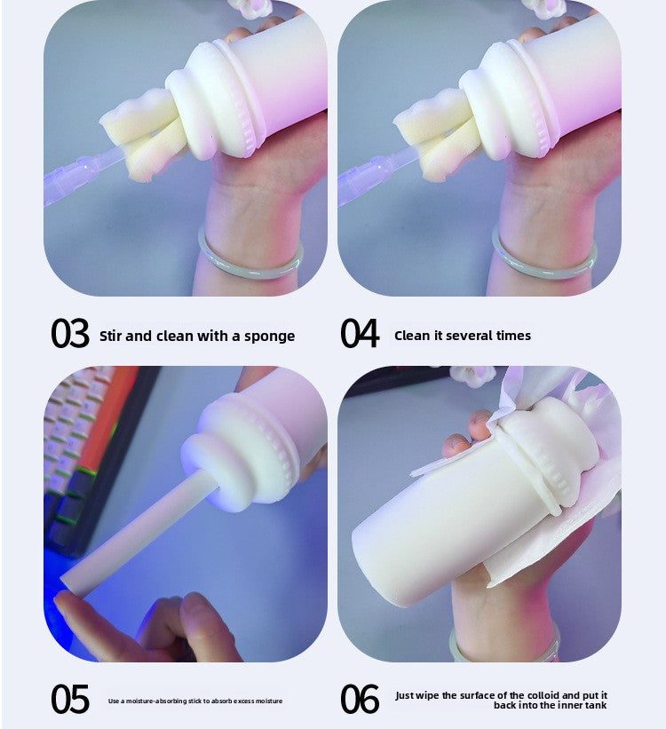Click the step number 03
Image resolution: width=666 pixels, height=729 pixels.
(70, 335)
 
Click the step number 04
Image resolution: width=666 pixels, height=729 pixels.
(360, 335)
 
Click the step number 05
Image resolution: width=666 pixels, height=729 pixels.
(70, 700)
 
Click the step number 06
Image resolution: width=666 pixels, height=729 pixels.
(360, 700)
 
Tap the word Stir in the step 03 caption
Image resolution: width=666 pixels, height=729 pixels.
(111, 336)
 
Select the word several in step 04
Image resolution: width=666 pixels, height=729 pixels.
(470, 336)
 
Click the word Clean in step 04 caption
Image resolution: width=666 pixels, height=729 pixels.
(411, 336)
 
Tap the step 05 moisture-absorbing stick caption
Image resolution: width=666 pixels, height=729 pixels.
(195, 701)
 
